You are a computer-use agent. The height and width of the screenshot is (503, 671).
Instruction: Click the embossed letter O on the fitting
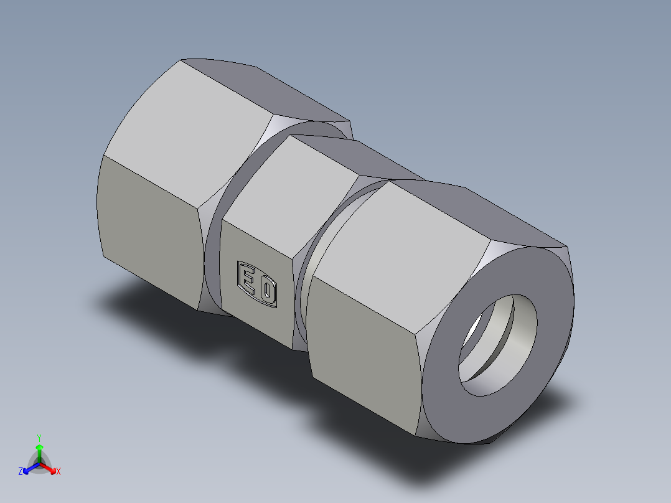click(268, 291)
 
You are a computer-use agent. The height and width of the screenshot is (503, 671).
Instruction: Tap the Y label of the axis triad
click(39, 437)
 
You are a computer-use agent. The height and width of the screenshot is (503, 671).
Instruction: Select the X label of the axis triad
click(59, 472)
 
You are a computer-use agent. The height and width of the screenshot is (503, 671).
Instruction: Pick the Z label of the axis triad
click(21, 472)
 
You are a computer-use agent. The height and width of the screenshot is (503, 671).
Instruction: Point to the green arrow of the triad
click(39, 449)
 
